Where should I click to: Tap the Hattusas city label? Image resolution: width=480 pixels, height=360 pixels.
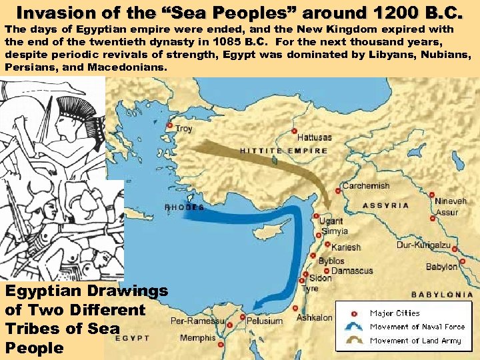click(314, 137)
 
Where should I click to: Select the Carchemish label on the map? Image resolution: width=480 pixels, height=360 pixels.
click(365, 185)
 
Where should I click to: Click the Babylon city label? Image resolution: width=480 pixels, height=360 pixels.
click(442, 267)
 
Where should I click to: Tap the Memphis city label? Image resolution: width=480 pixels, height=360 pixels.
click(197, 338)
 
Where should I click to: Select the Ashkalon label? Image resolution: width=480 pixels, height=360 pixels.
click(314, 318)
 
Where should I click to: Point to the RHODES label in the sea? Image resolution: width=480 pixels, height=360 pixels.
click(185, 207)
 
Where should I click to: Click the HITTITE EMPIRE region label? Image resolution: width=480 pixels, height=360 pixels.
click(284, 151)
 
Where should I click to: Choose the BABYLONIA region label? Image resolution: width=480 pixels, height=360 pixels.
click(442, 294)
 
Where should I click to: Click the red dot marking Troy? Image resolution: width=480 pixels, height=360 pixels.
click(170, 125)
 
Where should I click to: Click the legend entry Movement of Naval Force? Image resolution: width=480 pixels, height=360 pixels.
click(417, 327)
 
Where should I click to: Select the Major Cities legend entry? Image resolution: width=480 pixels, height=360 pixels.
click(395, 313)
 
